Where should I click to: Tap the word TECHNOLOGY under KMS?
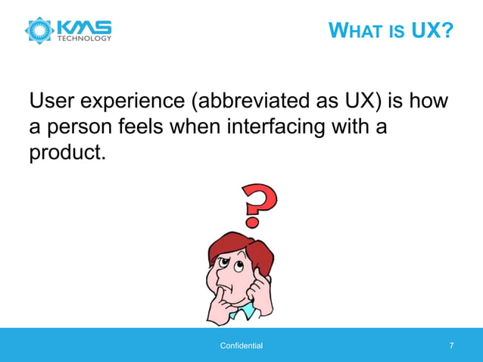click(x=85, y=38)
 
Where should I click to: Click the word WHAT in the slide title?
click(x=355, y=33)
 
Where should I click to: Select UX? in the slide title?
click(x=432, y=33)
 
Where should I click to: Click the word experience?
click(x=140, y=101)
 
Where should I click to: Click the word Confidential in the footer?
click(x=241, y=346)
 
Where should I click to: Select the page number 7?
click(x=451, y=346)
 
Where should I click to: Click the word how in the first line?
click(x=432, y=101)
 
